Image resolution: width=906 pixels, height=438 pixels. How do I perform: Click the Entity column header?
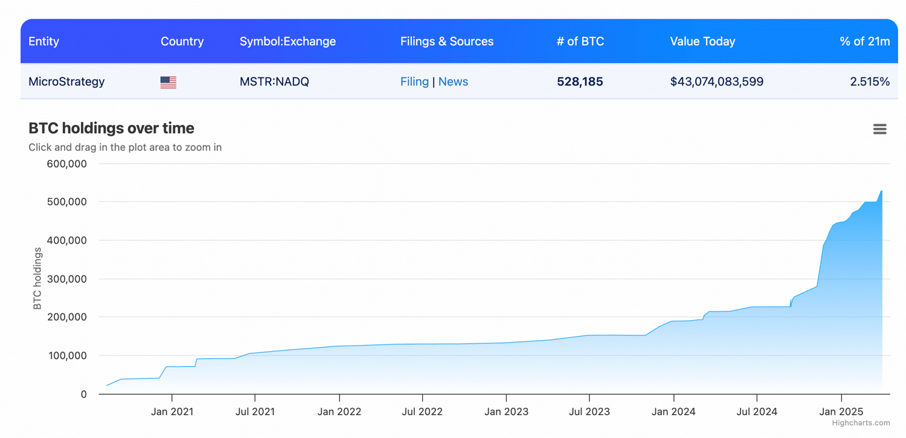coord(43,42)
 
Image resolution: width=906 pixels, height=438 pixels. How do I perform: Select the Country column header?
coord(182,42)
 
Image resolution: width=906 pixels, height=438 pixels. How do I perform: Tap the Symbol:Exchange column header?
coord(288,42)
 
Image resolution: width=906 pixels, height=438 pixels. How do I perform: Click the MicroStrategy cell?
coord(66,81)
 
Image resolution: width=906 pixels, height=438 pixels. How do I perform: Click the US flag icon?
coord(169,82)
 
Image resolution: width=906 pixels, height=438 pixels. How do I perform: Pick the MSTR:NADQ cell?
coord(274,81)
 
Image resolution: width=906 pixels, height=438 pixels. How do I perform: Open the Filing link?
coord(414,81)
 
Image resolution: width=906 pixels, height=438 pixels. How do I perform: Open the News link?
coord(453,81)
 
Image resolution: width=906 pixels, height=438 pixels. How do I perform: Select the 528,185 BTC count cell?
coord(580,81)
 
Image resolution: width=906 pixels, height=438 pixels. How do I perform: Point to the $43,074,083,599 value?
coord(716,81)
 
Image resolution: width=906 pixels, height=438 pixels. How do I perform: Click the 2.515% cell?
coord(870,81)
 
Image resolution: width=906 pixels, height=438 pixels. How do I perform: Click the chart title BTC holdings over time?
coord(111,129)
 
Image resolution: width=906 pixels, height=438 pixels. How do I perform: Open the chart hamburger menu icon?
coord(879,129)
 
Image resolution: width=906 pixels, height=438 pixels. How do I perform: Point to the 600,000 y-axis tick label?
coord(66,164)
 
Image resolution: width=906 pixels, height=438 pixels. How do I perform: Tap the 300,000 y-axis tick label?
coord(66,279)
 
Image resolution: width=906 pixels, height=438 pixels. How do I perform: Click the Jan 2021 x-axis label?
coord(172,412)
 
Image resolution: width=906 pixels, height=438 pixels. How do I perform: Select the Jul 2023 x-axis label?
coord(589,412)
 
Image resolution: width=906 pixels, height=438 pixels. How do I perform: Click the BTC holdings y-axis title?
coord(37,279)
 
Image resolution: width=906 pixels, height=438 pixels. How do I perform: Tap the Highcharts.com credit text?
coord(861,423)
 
